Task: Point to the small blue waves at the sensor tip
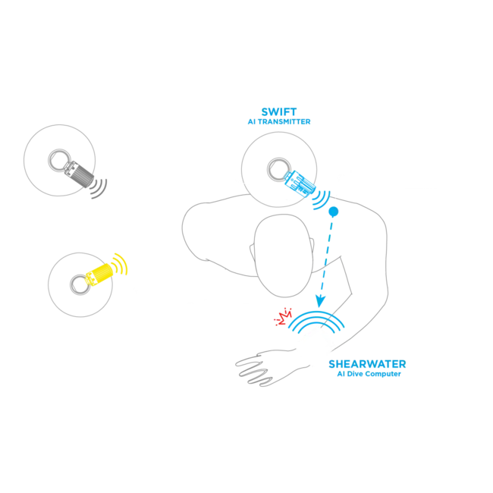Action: click(x=324, y=200)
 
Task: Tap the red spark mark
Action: click(x=286, y=314)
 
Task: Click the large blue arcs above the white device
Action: click(x=316, y=322)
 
